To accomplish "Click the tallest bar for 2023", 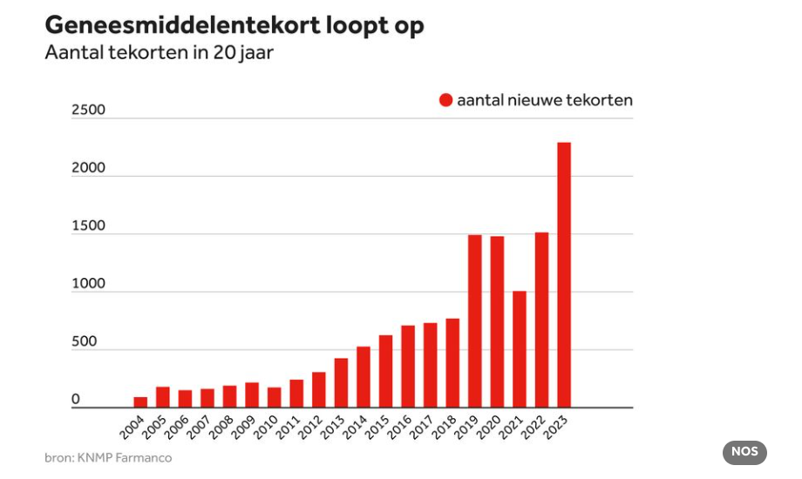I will [x=564, y=274].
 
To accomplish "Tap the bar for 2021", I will [x=520, y=348].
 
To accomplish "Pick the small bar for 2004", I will [x=140, y=401].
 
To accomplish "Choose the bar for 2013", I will [x=341, y=382].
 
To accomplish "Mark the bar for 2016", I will [x=408, y=366].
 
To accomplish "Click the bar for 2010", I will [x=275, y=397].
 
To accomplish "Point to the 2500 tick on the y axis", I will [x=88, y=110].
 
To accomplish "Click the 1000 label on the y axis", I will [x=88, y=284].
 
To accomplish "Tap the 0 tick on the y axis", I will [x=76, y=400].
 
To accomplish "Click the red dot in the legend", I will [x=446, y=100].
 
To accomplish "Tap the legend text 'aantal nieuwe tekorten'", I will [x=545, y=100].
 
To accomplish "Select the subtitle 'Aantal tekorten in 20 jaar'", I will [x=160, y=52].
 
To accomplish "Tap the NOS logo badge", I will [x=744, y=452].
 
